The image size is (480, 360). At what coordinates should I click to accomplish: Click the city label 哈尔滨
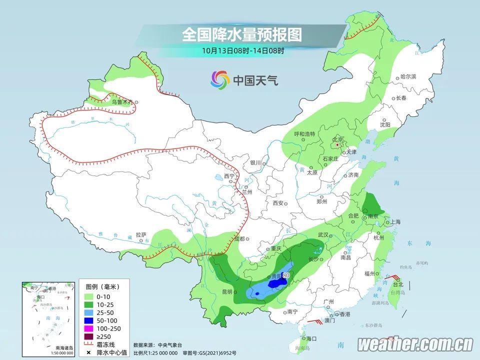point(408,77)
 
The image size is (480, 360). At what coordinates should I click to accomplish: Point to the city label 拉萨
point(141,234)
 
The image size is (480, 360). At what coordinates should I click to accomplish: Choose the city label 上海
point(396,221)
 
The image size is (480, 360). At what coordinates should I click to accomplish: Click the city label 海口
point(312,338)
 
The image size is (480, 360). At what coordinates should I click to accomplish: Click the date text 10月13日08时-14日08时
point(243,50)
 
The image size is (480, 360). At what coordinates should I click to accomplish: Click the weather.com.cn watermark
point(415,344)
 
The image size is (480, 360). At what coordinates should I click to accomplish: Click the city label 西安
point(278,203)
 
